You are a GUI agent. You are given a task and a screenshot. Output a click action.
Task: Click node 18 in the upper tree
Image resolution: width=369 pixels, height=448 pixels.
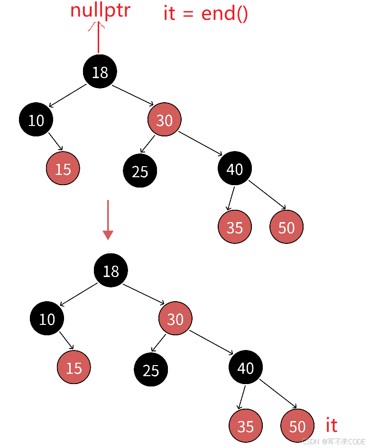(x=100, y=72)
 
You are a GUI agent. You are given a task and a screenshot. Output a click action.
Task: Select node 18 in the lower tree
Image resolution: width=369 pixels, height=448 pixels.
(x=111, y=270)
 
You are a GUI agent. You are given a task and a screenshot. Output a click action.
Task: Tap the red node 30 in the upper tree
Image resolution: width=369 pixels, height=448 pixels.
(x=164, y=120)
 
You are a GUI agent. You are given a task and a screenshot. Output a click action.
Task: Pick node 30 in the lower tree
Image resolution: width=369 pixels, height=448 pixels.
(x=175, y=319)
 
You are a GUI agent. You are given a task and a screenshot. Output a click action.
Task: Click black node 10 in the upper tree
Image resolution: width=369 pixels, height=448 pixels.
(x=36, y=120)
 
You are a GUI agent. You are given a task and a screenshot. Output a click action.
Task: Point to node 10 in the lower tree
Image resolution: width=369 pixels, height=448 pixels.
(x=46, y=319)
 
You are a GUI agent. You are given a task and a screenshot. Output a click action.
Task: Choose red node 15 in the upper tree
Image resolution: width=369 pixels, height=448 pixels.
(x=63, y=169)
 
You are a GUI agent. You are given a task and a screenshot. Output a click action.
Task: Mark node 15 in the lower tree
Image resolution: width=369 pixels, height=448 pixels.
(x=74, y=367)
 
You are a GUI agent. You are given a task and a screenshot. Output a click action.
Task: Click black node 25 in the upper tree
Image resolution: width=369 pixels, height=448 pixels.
(x=140, y=171)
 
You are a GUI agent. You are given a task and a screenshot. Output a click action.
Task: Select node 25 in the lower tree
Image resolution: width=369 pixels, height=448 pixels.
(x=151, y=370)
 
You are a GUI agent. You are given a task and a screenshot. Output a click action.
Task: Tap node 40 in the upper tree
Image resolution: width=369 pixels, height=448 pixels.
(x=235, y=169)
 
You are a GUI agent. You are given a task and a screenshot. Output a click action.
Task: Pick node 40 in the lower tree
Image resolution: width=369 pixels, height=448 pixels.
(x=245, y=367)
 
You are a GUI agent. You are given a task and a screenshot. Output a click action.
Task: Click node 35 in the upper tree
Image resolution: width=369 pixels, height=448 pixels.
(x=235, y=227)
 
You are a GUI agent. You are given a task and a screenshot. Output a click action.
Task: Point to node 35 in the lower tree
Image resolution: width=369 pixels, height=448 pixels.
(x=245, y=426)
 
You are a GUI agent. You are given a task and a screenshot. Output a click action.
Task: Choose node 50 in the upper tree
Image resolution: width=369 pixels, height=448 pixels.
(x=286, y=227)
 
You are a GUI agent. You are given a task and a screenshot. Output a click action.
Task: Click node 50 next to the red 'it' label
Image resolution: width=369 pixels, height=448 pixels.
(x=297, y=426)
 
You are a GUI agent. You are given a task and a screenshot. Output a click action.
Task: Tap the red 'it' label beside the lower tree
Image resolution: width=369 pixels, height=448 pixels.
(x=331, y=425)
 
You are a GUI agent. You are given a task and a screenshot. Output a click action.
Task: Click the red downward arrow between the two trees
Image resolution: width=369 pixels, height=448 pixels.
(x=108, y=220)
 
